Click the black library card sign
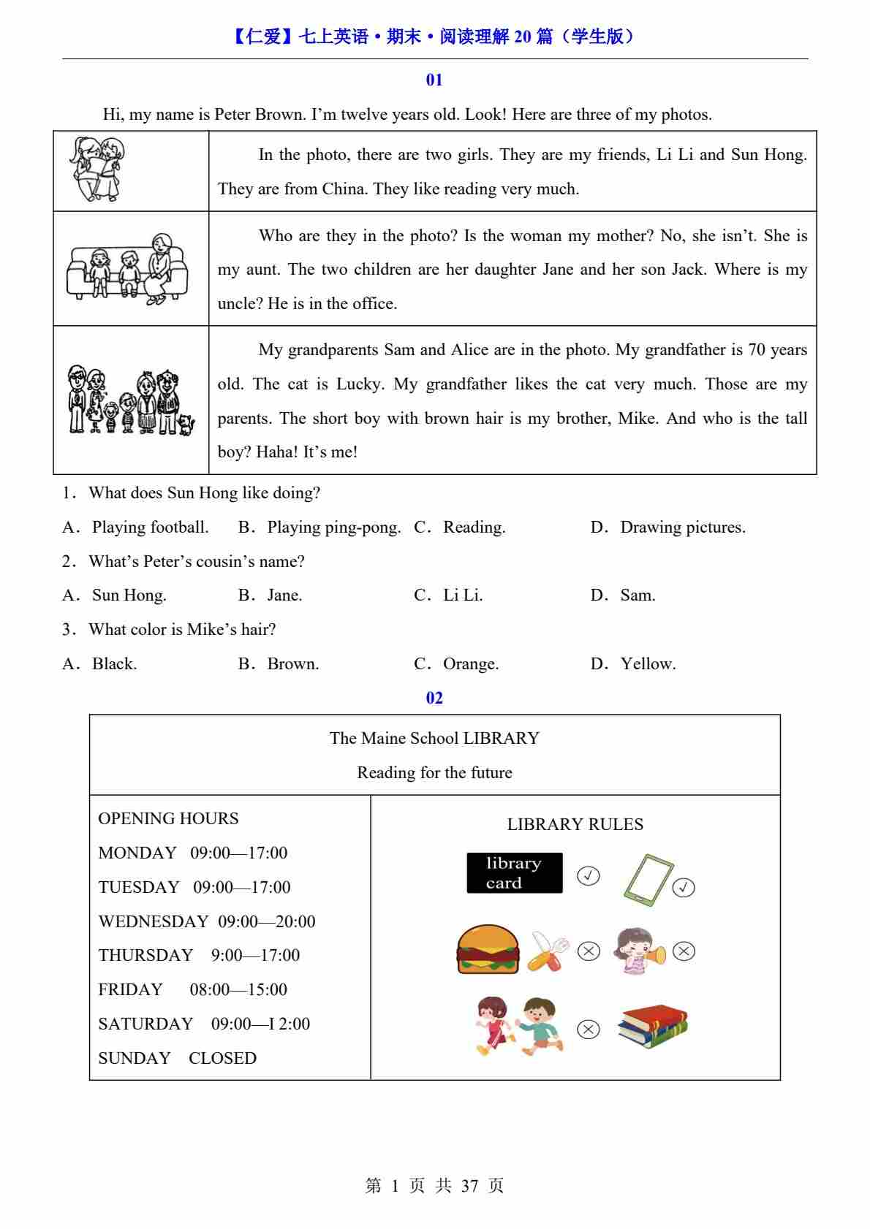click(515, 873)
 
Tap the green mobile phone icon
click(648, 880)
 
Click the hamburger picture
click(488, 950)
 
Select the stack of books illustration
click(652, 1025)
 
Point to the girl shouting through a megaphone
click(639, 951)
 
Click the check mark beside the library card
click(589, 875)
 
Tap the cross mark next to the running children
click(589, 1030)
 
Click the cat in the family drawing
click(186, 424)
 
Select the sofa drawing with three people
click(128, 269)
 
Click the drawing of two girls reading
click(97, 170)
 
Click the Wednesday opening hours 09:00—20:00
click(267, 921)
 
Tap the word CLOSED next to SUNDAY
click(222, 1058)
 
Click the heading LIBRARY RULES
click(575, 824)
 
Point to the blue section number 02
click(434, 698)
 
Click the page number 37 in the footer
click(469, 1186)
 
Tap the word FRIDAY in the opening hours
click(131, 990)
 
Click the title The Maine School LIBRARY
click(434, 738)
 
